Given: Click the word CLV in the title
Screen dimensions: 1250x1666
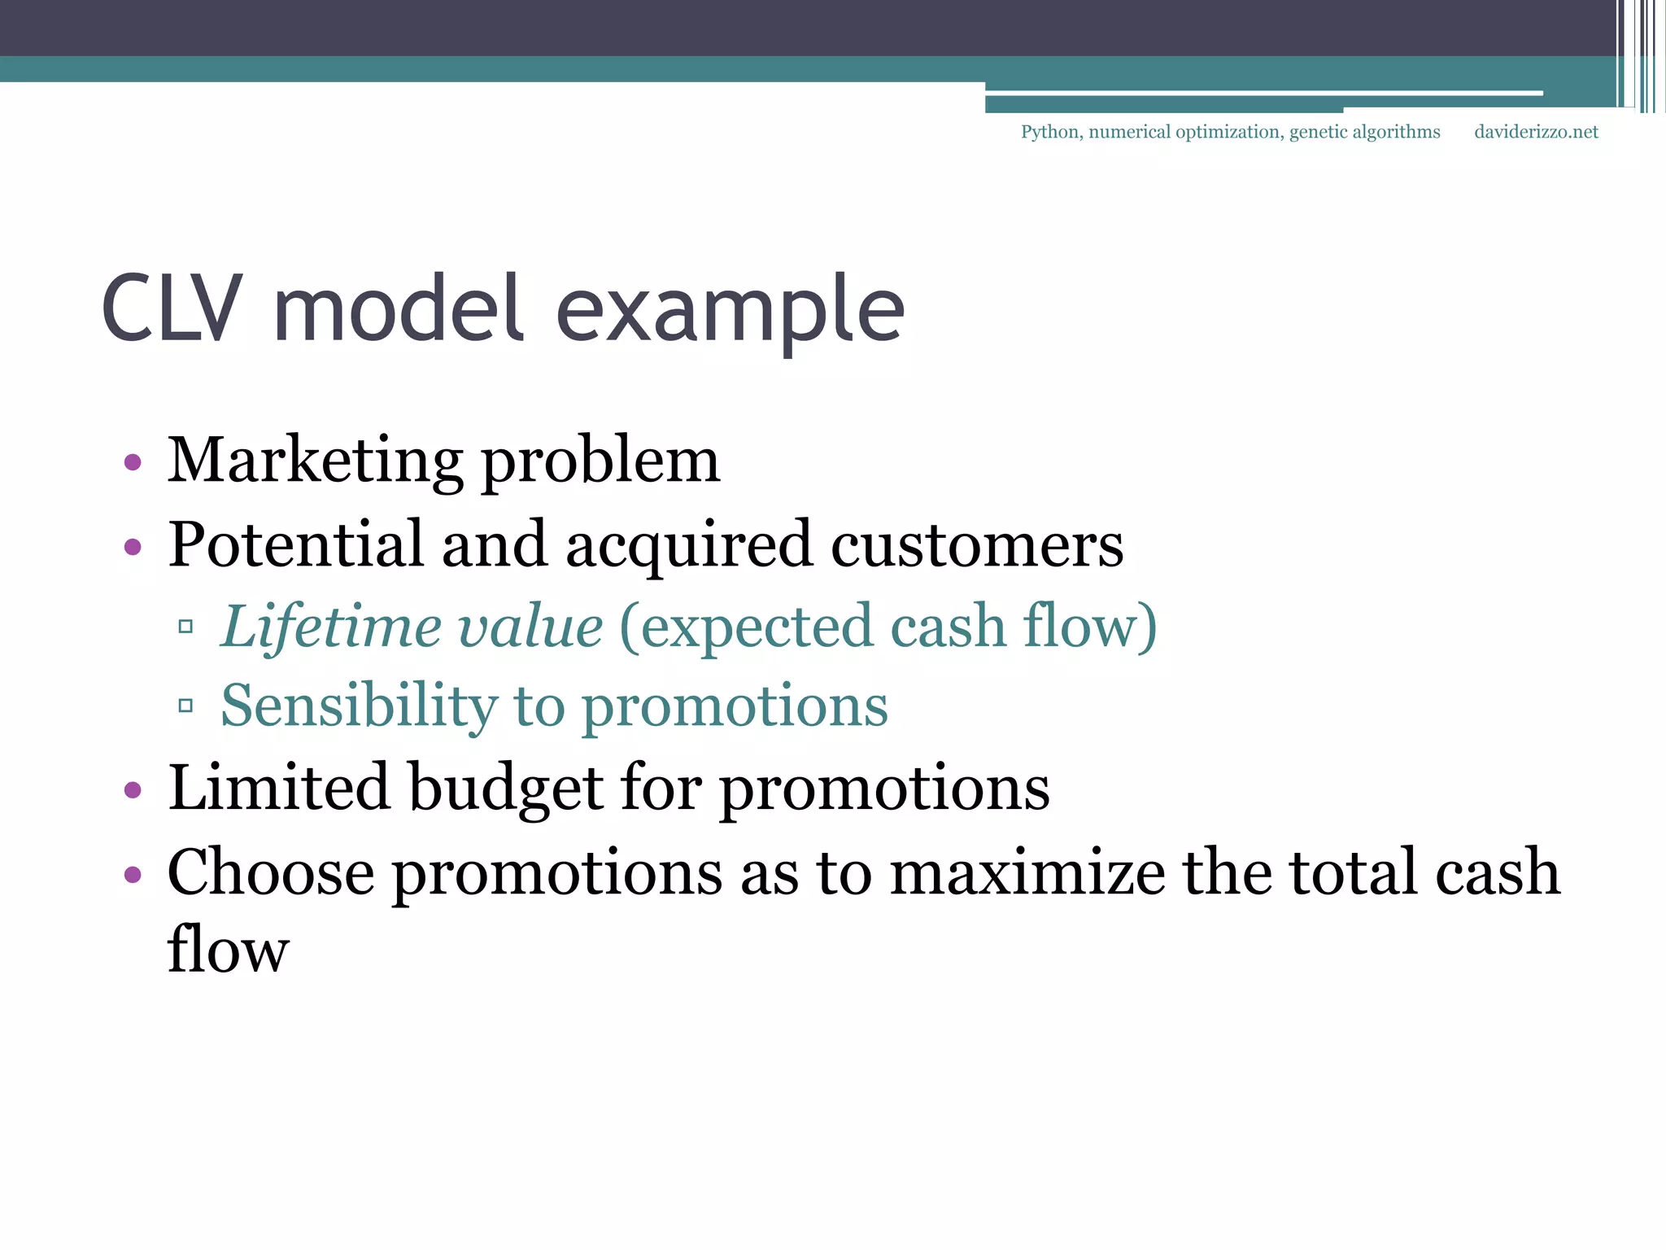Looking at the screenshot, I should [172, 309].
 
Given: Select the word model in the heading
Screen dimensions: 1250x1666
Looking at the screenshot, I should [398, 309].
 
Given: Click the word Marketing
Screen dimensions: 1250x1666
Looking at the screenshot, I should [315, 461].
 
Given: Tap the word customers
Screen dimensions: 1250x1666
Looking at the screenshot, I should [977, 545].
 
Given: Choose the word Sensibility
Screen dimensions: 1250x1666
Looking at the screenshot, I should [359, 706].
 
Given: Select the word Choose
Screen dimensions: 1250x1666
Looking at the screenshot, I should [271, 872].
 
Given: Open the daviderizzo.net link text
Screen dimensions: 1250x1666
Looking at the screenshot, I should [1536, 132].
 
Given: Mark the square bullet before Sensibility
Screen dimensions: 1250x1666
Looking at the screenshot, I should [185, 706].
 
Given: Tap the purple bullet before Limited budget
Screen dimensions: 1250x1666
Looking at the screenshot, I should [133, 789].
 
